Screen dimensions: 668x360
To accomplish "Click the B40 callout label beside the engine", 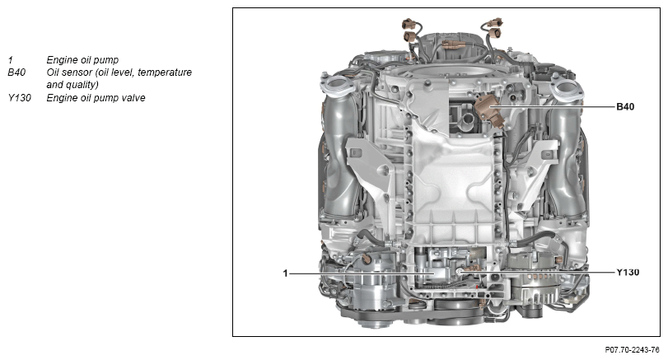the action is point(625,106).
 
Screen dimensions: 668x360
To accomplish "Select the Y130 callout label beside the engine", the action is point(628,272).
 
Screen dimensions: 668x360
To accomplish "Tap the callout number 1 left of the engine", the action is point(286,273).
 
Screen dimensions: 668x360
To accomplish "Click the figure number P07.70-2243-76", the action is point(632,350).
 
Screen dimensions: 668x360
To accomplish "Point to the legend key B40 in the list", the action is point(16,72).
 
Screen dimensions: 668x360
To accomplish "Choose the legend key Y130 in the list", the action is point(19,98).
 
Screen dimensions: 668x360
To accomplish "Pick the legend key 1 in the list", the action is point(10,60).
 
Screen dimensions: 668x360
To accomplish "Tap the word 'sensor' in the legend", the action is point(77,72).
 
